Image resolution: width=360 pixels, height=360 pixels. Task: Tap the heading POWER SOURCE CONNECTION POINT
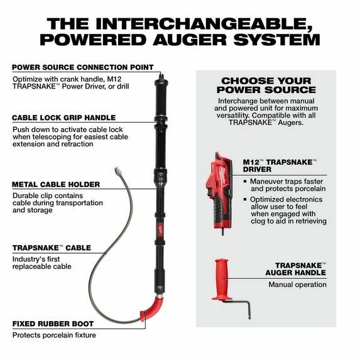(82, 67)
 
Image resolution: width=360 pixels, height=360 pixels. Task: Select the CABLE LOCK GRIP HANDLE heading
(63, 117)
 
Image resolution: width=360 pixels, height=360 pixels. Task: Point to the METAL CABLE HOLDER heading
(56, 185)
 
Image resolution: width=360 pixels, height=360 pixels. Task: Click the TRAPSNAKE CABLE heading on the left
(52, 248)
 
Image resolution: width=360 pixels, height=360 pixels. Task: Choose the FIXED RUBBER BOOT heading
(53, 324)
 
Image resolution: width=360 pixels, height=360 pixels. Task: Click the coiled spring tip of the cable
(118, 172)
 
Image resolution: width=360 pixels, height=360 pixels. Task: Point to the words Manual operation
(297, 285)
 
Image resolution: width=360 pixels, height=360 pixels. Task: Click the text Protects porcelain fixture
(54, 335)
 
